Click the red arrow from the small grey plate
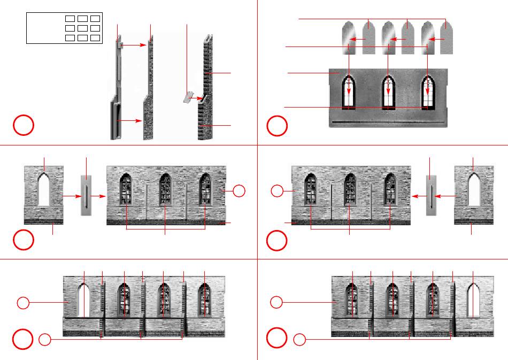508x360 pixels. [199, 98]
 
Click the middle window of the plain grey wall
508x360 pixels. [388, 92]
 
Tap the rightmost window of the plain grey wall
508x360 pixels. [428, 92]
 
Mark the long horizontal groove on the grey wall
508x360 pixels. [388, 122]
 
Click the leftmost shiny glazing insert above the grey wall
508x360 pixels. [349, 37]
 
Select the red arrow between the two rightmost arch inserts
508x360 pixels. [436, 40]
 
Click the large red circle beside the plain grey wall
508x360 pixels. [277, 126]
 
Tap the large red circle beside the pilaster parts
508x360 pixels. [24, 126]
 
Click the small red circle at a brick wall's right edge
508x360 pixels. [240, 190]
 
